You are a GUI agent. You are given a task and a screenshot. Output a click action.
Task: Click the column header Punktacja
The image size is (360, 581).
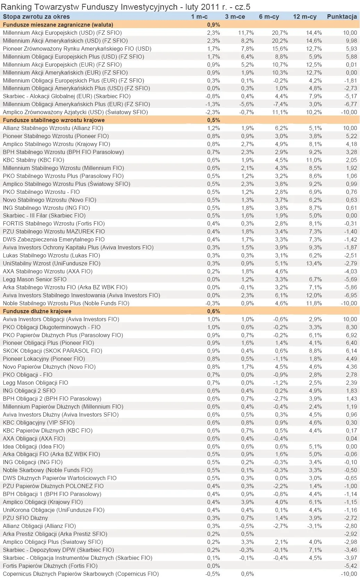pos(342,17)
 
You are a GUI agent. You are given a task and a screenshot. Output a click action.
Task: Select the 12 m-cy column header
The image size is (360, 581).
pos(304,17)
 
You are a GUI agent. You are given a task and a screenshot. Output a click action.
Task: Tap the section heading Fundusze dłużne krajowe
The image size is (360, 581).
pos(37,311)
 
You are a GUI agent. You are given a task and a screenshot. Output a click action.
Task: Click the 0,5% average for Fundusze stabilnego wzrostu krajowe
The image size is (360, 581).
pos(214,120)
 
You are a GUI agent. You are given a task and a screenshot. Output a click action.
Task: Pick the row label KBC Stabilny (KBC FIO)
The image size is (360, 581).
pos(33,160)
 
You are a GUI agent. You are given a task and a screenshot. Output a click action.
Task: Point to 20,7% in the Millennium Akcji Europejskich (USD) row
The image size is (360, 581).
pos(280,33)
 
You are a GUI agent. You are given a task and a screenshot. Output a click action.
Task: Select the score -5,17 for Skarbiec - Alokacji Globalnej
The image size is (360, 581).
pos(350,96)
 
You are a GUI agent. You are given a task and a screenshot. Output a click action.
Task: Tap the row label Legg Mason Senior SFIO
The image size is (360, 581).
pos(35,279)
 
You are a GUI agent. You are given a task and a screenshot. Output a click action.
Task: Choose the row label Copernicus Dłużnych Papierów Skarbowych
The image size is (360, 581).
pos(81,574)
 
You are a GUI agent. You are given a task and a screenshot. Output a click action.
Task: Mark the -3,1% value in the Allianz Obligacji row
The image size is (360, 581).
pos(315,526)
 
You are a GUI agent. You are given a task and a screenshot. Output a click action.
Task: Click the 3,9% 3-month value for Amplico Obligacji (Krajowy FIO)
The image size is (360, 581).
pos(247,502)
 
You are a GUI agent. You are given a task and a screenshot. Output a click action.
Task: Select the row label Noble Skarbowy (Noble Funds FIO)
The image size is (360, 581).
pos(48,470)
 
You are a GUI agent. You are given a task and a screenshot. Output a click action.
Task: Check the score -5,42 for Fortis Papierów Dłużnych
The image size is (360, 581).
pos(350,566)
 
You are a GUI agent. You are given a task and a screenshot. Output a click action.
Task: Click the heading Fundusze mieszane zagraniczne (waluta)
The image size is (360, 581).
pos(58,25)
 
